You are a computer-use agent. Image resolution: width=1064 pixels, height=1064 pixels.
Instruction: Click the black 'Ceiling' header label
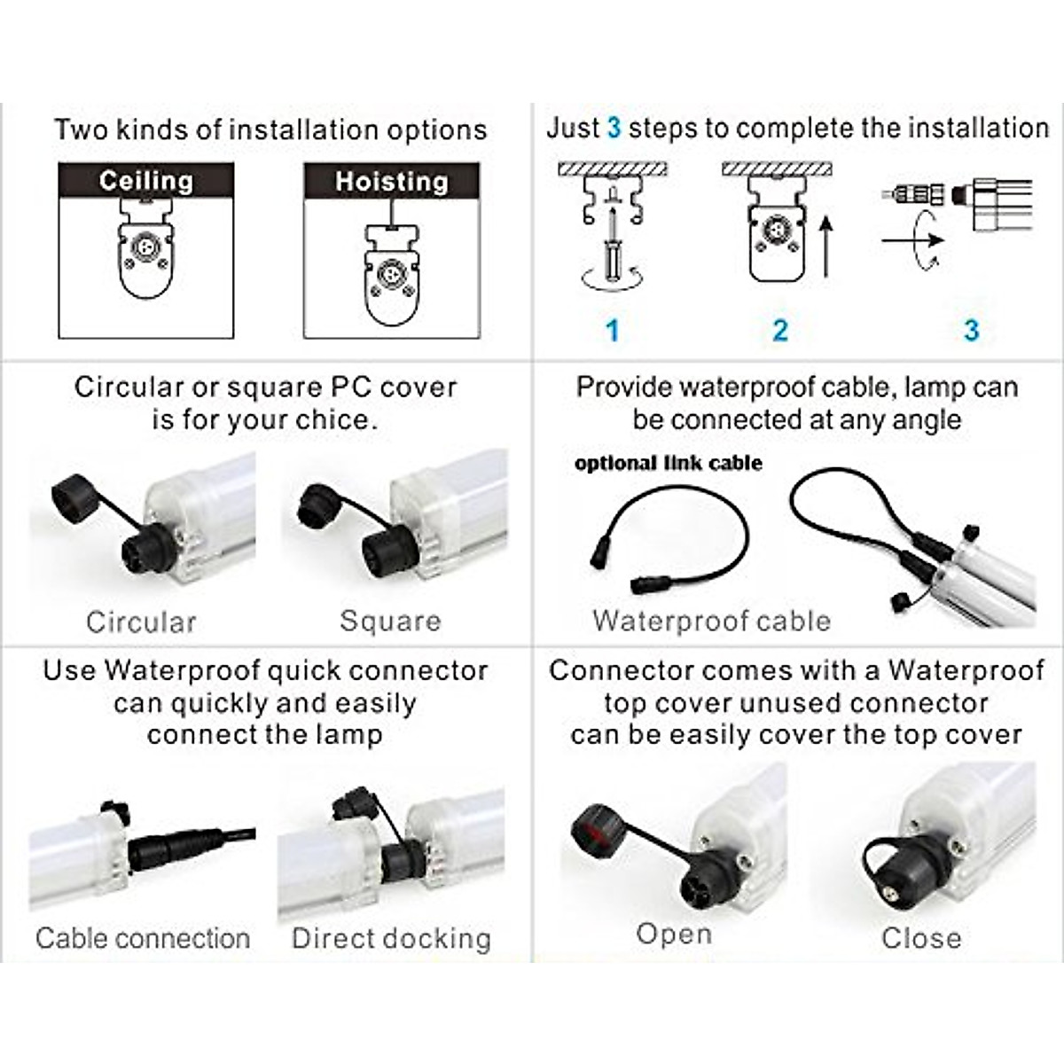[x=146, y=181]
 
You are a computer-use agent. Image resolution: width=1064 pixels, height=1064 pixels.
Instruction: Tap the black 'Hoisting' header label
[x=391, y=182]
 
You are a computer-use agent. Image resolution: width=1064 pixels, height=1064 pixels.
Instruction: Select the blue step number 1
[x=612, y=331]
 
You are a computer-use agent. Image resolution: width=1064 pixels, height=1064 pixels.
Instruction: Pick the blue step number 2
[x=780, y=331]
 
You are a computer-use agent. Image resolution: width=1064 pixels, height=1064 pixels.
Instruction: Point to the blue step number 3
[x=971, y=331]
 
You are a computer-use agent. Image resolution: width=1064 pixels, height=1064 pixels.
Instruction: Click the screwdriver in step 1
[x=611, y=244]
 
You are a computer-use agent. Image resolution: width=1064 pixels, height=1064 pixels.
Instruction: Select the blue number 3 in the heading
[x=614, y=129]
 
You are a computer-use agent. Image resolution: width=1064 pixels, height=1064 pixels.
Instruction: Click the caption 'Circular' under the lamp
[x=141, y=622]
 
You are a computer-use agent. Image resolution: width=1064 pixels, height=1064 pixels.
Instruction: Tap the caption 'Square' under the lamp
[x=390, y=621]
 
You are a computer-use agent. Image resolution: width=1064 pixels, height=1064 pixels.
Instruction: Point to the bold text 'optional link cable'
[x=668, y=463]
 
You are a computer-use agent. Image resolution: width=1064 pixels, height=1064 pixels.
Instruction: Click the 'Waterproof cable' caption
[x=711, y=621]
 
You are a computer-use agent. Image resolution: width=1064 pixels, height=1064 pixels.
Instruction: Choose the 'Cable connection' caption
[x=143, y=938]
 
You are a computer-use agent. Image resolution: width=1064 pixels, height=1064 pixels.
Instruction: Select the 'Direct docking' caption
[x=391, y=938]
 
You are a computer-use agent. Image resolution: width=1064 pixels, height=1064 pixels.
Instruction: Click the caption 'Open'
[x=674, y=934]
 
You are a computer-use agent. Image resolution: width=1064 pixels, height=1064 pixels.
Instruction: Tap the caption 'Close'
[x=921, y=937]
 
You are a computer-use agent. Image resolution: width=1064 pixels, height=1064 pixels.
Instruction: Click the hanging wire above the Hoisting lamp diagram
[x=392, y=213]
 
